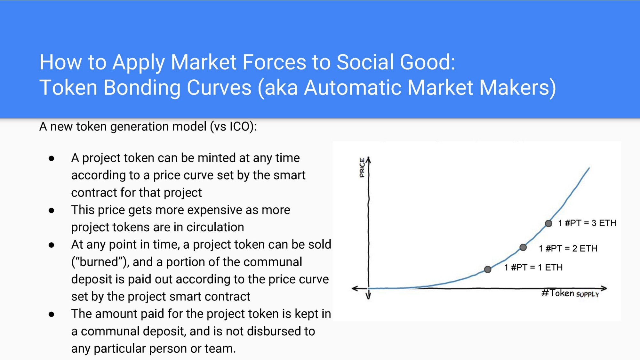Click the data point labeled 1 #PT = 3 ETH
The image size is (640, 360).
[548, 223]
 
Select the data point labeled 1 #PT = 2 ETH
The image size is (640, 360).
[523, 247]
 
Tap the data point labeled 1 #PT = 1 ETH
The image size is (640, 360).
[488, 269]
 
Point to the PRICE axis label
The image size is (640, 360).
[362, 167]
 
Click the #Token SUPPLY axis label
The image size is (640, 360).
[570, 293]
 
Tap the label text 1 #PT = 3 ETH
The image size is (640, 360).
[587, 223]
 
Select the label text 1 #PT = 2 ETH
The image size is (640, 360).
[568, 248]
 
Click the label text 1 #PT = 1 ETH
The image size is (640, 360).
[533, 267]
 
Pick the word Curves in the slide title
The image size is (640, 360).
[219, 87]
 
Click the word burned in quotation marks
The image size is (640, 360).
[99, 262]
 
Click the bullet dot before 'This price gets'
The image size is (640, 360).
[51, 211]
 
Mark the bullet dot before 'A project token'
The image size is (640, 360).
[51, 158]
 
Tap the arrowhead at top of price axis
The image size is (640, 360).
[369, 159]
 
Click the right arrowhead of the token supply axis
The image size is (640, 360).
[604, 288]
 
